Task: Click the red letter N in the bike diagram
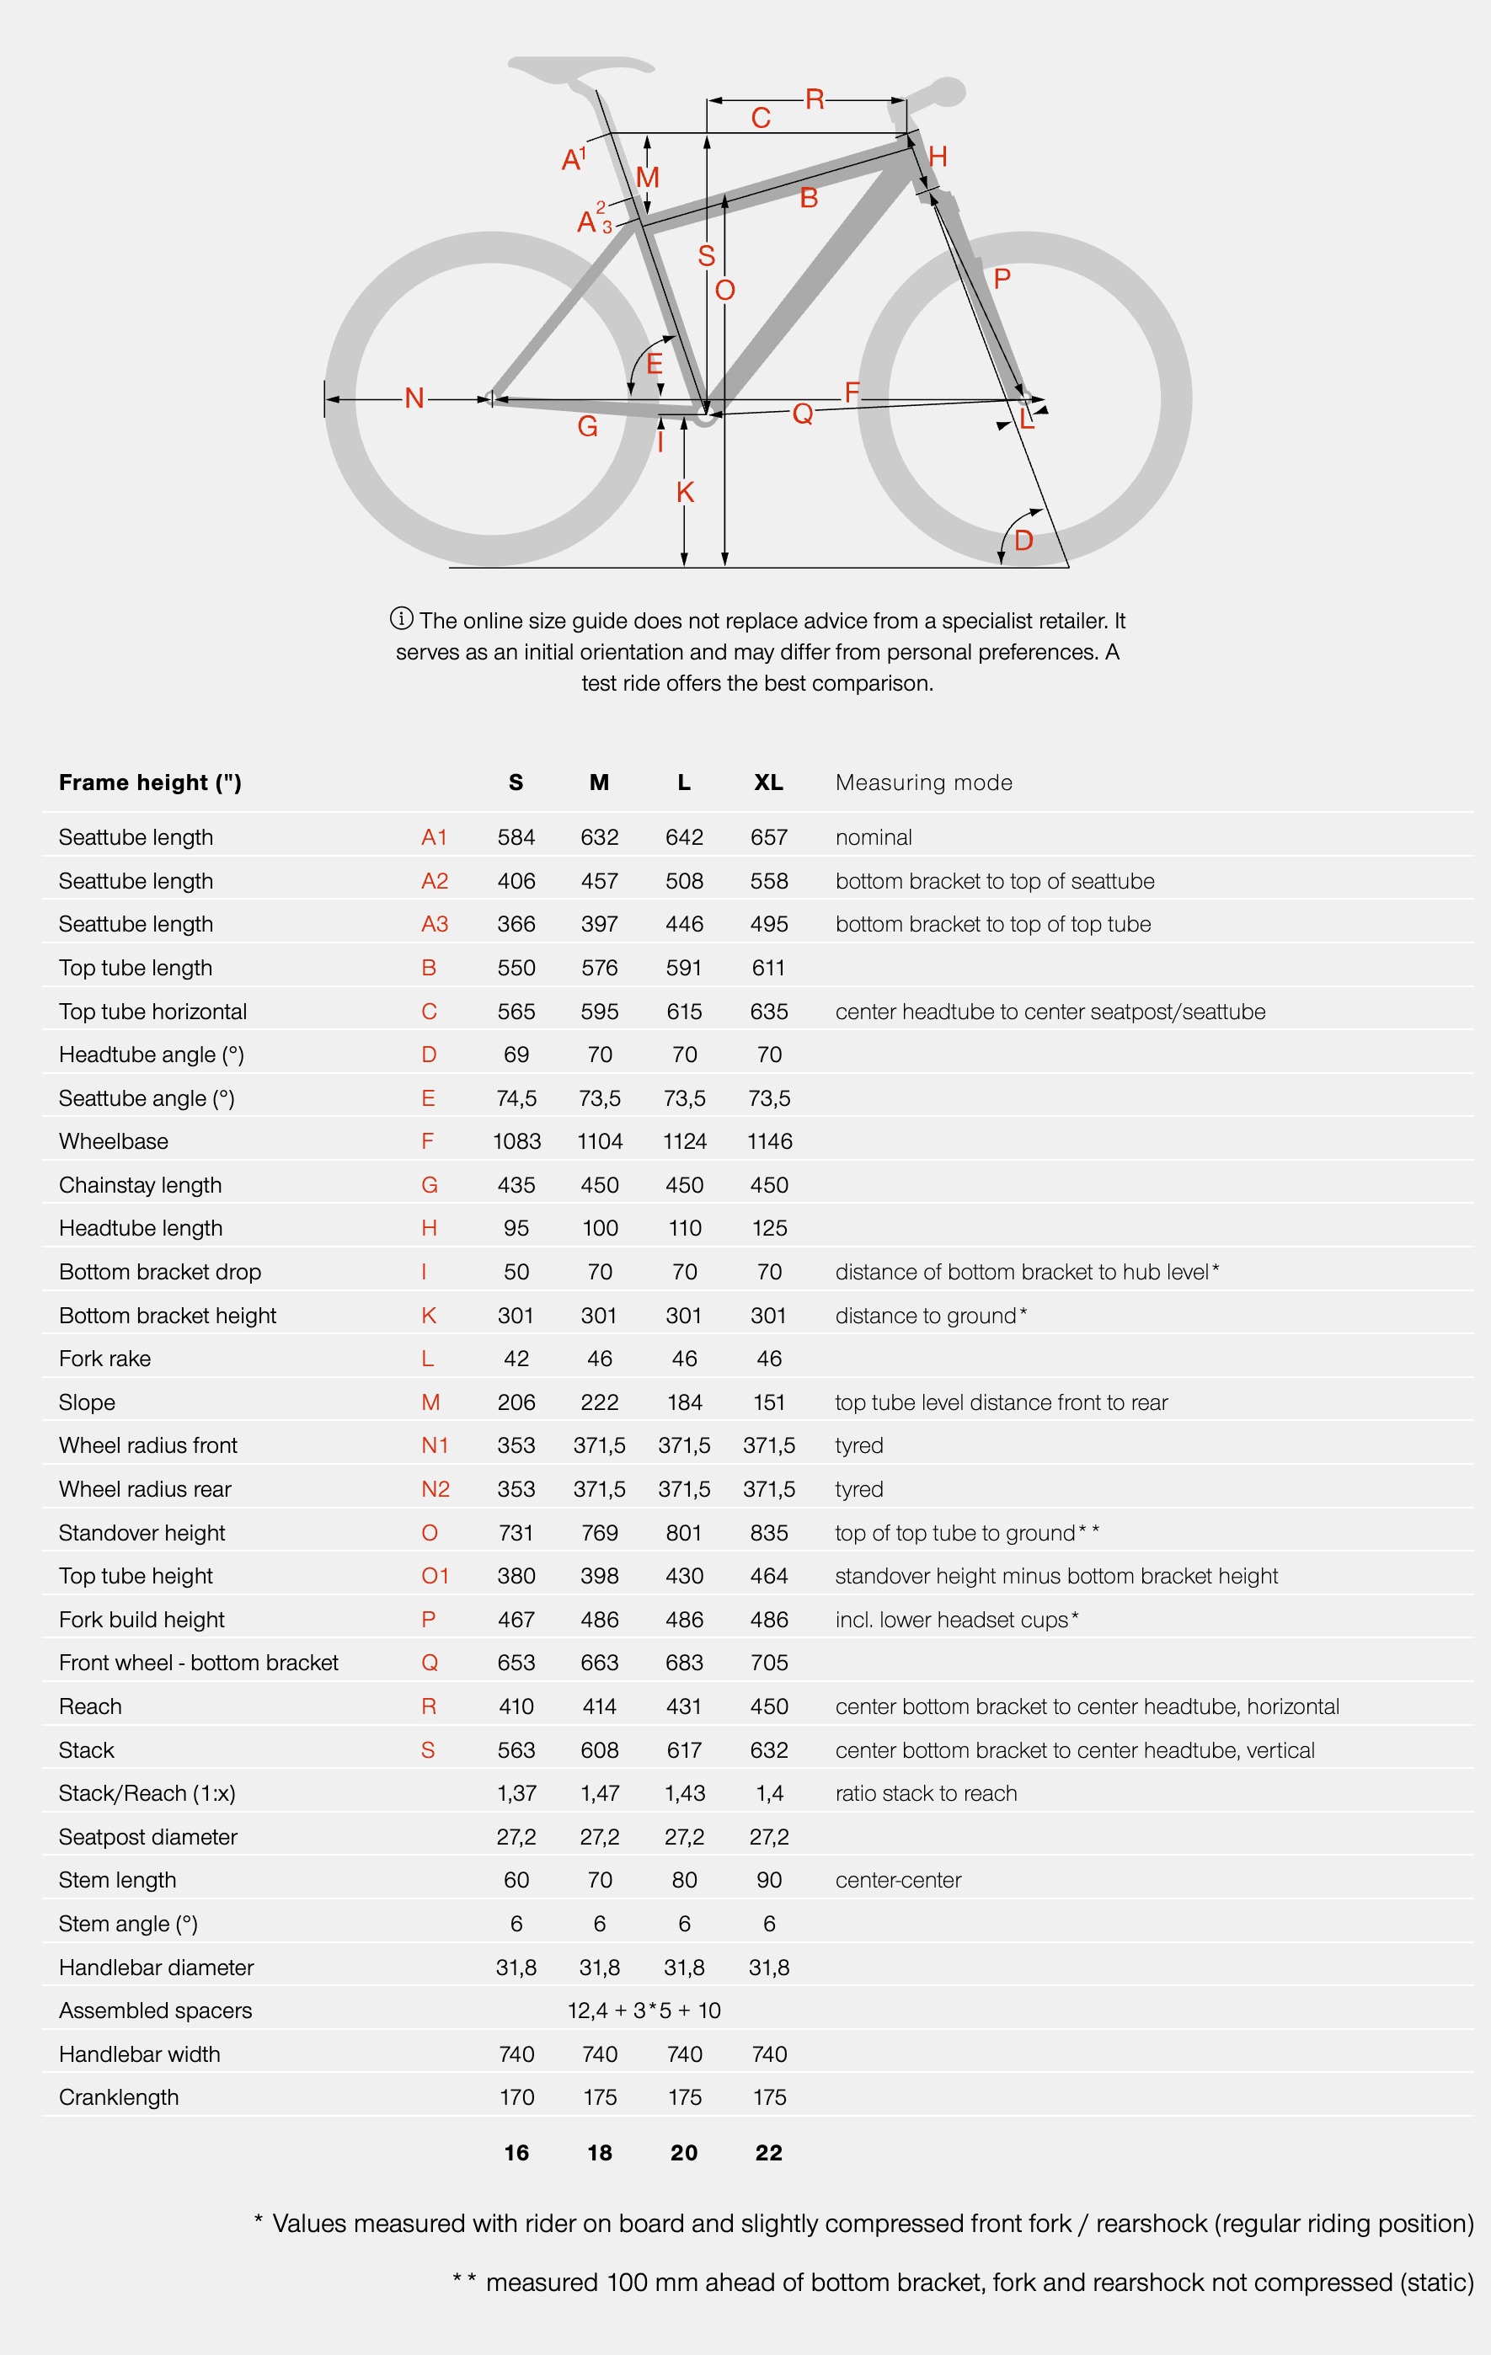[414, 398]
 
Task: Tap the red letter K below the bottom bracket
[685, 492]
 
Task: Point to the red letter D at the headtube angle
[1023, 540]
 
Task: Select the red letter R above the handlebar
[814, 99]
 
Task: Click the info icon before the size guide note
[401, 618]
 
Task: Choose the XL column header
[768, 782]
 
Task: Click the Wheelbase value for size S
[516, 1141]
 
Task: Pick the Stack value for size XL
[768, 1749]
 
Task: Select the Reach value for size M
[599, 1706]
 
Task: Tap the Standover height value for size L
[684, 1532]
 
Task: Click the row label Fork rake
[104, 1359]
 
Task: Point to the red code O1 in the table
[435, 1576]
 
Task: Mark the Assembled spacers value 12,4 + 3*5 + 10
[644, 2011]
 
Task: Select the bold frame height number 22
[768, 2153]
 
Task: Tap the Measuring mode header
[923, 782]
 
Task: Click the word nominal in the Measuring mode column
[874, 837]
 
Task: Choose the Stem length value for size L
[684, 1880]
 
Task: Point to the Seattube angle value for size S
[516, 1098]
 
